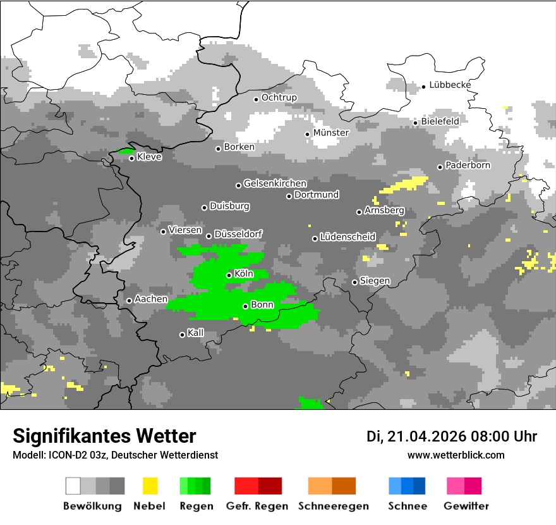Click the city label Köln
coord(244,274)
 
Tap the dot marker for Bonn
coord(245,306)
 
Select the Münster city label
coord(331,133)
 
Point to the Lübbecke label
coord(450,85)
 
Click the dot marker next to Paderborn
coord(440,167)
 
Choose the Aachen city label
coord(151,299)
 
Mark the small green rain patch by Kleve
coord(126,151)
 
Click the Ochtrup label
coord(279,97)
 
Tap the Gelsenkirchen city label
coord(275,183)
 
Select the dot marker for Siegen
coord(354,282)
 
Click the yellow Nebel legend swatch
coord(150,486)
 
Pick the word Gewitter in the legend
coord(466,506)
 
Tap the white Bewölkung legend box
coord(73,486)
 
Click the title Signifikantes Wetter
coord(104,436)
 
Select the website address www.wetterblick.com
coord(456,455)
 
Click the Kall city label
coord(196,333)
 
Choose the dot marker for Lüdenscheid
coord(315,238)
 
